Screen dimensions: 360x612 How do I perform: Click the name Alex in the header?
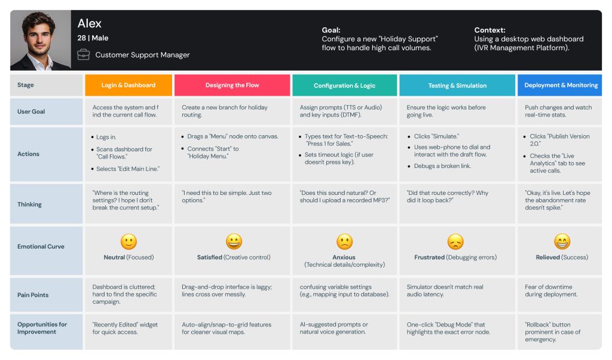point(90,23)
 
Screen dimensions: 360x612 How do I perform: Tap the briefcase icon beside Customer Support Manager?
point(83,55)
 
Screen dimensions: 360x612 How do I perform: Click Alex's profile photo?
point(40,41)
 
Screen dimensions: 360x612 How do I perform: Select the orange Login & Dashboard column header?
point(128,85)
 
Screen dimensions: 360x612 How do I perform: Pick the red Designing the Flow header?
point(232,85)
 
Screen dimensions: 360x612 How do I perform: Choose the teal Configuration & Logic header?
point(344,86)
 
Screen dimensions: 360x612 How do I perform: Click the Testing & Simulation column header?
point(457,86)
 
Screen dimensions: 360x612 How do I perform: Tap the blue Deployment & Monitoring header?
point(560,85)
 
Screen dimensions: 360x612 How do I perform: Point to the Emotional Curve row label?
point(41,246)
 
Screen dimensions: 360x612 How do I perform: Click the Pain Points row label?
point(33,295)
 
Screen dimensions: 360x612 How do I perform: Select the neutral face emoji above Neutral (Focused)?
point(128,241)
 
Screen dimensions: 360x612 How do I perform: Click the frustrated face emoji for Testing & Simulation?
point(456,242)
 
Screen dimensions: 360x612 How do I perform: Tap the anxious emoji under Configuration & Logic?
point(344,242)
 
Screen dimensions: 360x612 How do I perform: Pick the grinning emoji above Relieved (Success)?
point(562,242)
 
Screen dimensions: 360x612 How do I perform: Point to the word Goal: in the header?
point(331,30)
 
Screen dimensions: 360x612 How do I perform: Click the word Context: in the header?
point(489,30)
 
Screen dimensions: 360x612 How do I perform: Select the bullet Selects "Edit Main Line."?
point(128,169)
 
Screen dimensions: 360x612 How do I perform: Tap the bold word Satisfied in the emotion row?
point(210,257)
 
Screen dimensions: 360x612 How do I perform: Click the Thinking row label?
point(30,204)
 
